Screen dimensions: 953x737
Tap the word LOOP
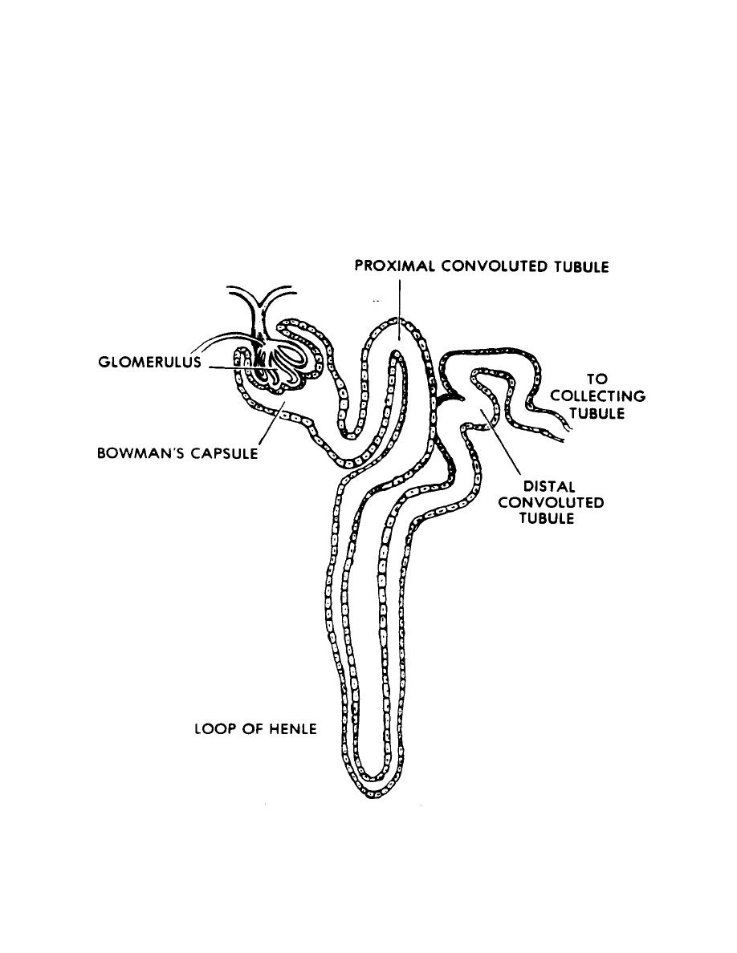click(213, 729)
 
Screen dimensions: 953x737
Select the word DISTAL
click(551, 487)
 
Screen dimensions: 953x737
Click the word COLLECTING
click(597, 396)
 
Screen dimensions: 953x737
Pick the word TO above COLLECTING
click(597, 379)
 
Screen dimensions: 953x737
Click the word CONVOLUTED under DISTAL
click(551, 503)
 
